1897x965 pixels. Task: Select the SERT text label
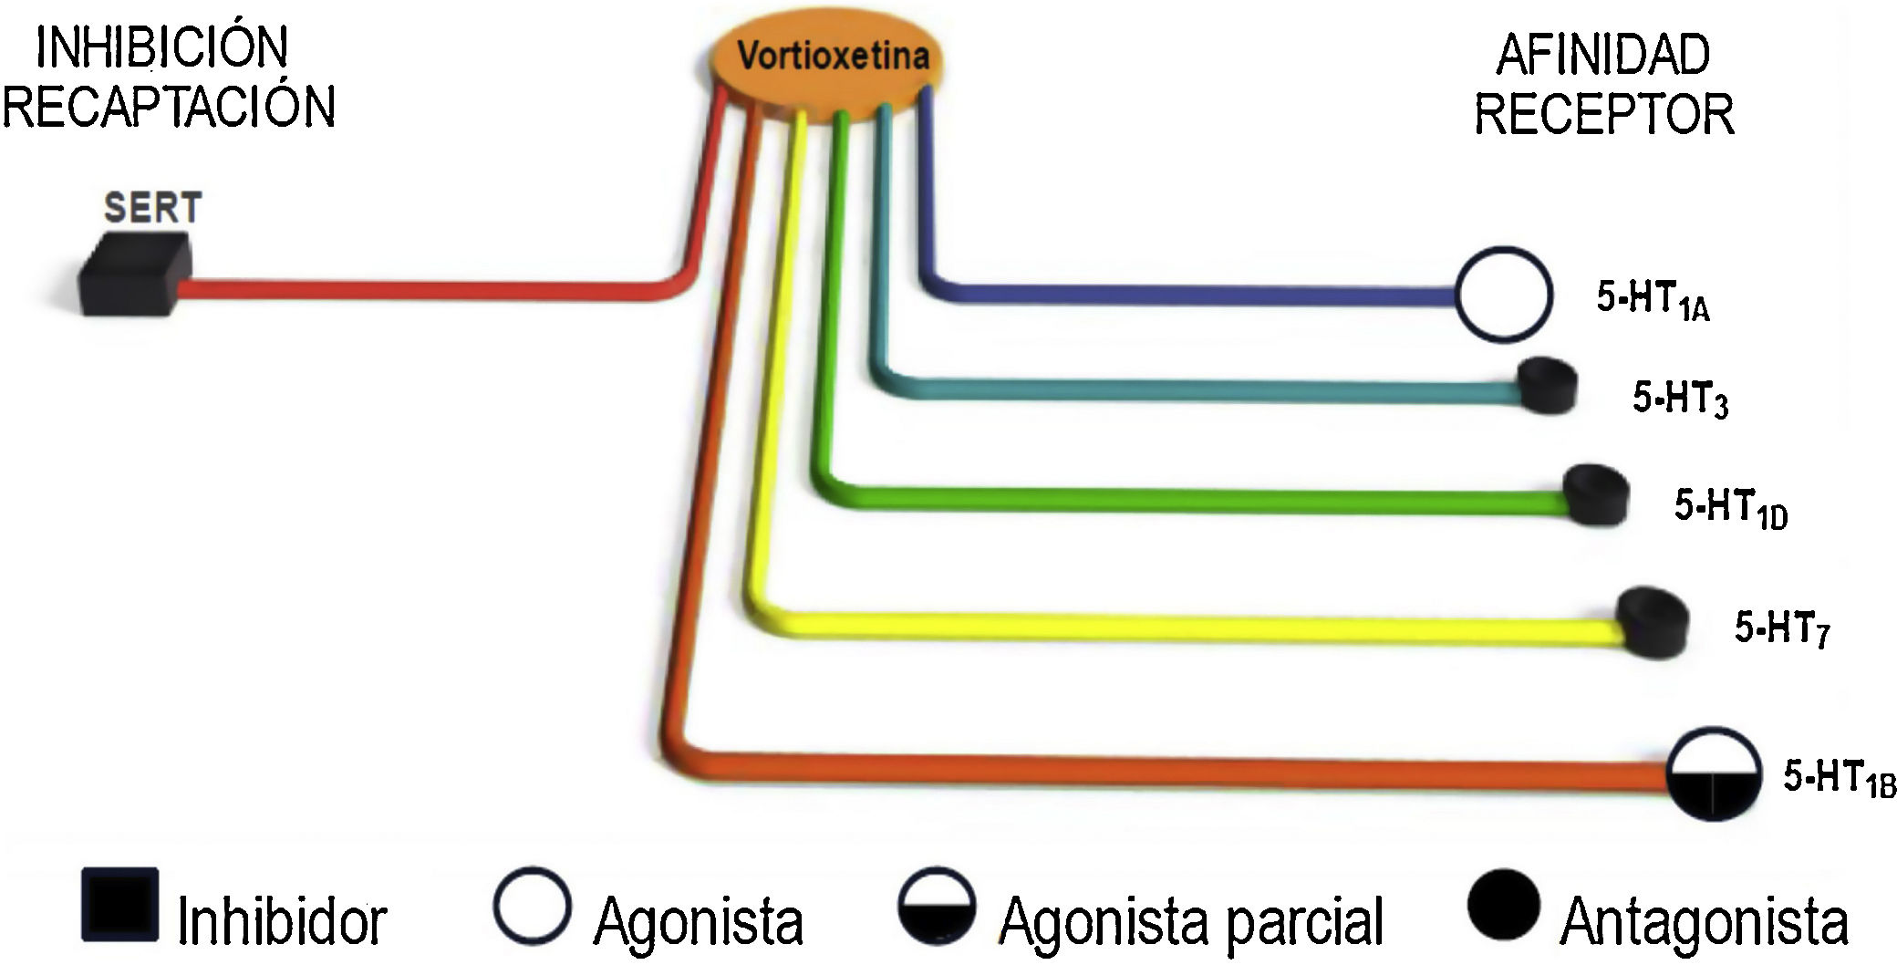(152, 208)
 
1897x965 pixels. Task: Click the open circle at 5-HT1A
(1503, 295)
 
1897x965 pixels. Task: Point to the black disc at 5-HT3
(1548, 386)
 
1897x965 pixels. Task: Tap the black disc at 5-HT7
(1652, 622)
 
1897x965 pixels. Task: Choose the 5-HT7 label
(1781, 628)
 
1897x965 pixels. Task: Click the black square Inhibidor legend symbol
(119, 907)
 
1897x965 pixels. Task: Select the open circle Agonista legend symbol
(533, 907)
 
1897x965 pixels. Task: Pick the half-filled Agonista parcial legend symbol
(936, 907)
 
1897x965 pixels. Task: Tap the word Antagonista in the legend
(1704, 921)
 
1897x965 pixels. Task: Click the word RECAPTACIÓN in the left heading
(170, 106)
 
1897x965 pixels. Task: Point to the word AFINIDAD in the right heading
(1602, 55)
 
